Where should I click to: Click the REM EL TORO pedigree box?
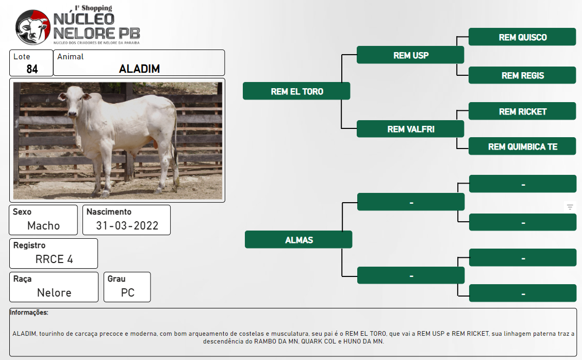pyautogui.click(x=296, y=91)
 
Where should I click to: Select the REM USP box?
pyautogui.click(x=410, y=55)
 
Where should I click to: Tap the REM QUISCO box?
pyautogui.click(x=522, y=37)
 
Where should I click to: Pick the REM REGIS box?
pyautogui.click(x=522, y=75)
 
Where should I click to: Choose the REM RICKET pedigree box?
pyautogui.click(x=522, y=111)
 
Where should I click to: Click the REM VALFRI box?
pyautogui.click(x=410, y=129)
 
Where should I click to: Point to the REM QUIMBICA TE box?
pyautogui.click(x=522, y=146)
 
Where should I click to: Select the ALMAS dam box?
pyautogui.click(x=298, y=240)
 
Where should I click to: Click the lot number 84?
pyautogui.click(x=32, y=69)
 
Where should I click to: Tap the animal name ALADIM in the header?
pyautogui.click(x=139, y=69)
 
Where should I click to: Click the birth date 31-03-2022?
pyautogui.click(x=127, y=225)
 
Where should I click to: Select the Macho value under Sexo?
pyautogui.click(x=43, y=225)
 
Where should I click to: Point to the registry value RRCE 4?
pyautogui.click(x=54, y=259)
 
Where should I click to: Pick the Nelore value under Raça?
pyautogui.click(x=54, y=293)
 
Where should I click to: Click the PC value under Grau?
pyautogui.click(x=127, y=293)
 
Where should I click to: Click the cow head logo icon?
pyautogui.click(x=32, y=27)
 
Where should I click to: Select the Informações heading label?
pyautogui.click(x=29, y=313)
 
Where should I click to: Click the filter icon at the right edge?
pyautogui.click(x=570, y=207)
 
